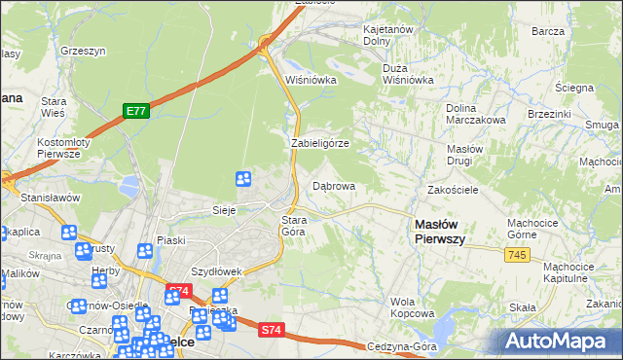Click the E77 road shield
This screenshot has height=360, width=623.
coord(135,112)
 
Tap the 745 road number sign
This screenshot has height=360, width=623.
coord(517,254)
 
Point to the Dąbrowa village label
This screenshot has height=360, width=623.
coord(333,185)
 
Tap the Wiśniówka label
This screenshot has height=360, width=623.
coord(311,80)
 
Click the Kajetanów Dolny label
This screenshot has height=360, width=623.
coord(389,35)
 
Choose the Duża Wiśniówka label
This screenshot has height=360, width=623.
coord(409,75)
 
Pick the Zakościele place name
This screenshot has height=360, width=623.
coord(453,190)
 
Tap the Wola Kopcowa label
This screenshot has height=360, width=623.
coord(412,307)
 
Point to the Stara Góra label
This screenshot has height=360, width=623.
coord(294,226)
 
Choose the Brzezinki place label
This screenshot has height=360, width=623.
coord(548,114)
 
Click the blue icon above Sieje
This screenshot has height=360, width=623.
coord(243,179)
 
